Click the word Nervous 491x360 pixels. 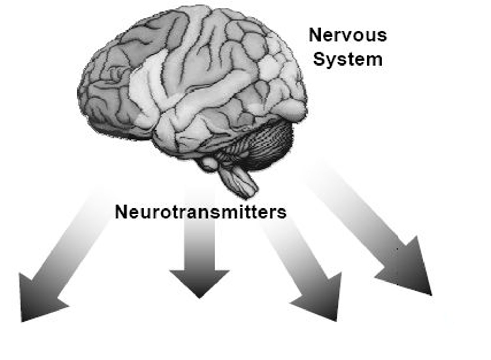[347, 35]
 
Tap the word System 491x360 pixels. [347, 59]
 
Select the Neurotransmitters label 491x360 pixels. [200, 212]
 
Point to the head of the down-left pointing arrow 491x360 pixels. [38, 300]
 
